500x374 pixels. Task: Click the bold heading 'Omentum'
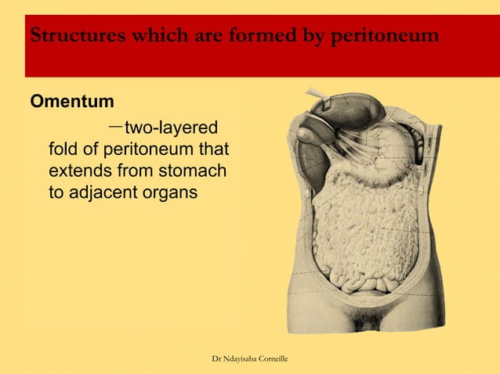71,102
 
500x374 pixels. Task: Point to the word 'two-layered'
172,128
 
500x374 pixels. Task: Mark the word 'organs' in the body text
168,191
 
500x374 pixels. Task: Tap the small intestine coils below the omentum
361,278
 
